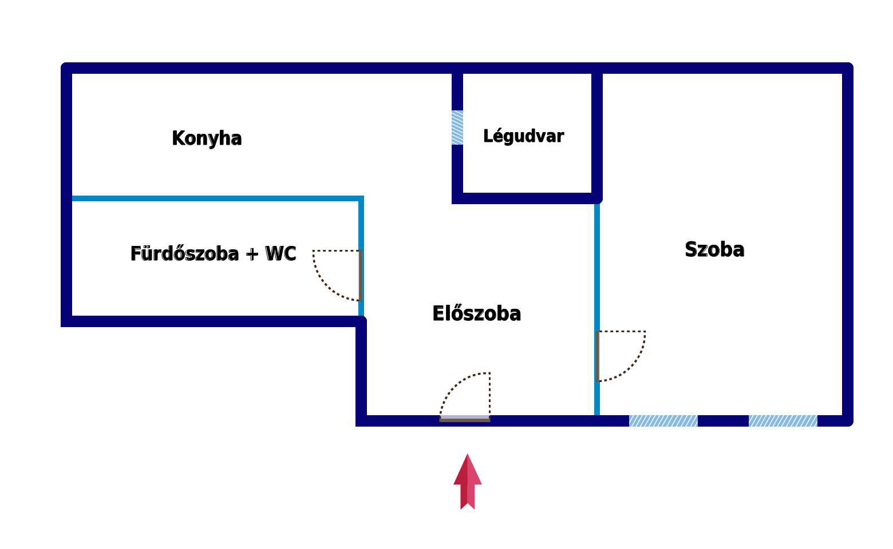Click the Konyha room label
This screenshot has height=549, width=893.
207,138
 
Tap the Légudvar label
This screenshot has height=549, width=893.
523,136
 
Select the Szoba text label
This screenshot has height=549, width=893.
714,249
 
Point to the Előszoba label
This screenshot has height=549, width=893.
476,313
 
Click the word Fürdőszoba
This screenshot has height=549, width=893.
184,253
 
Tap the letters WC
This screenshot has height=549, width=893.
280,253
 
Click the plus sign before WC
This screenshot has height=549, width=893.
252,254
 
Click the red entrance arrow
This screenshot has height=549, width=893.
468,482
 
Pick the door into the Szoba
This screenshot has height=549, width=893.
621,356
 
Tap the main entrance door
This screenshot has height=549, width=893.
465,397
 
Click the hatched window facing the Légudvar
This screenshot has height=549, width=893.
457,128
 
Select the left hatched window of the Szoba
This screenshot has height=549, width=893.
663,421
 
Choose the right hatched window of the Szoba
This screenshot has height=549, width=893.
783,421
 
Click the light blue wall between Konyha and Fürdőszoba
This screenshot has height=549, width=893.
218,198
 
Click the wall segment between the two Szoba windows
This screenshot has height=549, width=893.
723,421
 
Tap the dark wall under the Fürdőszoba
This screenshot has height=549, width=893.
214,321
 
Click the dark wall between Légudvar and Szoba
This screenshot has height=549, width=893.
597,136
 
